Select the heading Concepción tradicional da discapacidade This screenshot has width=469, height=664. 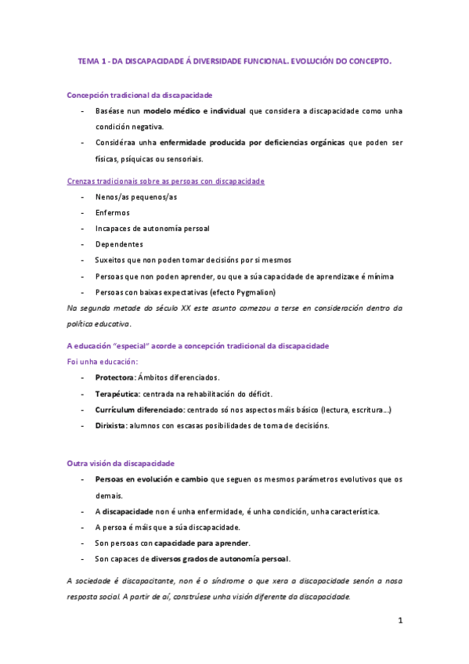[x=139, y=95]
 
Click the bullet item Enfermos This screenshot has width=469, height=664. [x=112, y=212]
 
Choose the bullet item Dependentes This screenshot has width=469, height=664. [x=119, y=244]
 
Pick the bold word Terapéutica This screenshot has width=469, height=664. [x=117, y=393]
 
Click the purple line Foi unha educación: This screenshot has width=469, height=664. [x=103, y=361]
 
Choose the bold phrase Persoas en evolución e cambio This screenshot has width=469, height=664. [x=151, y=479]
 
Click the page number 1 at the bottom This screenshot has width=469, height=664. [x=399, y=621]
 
